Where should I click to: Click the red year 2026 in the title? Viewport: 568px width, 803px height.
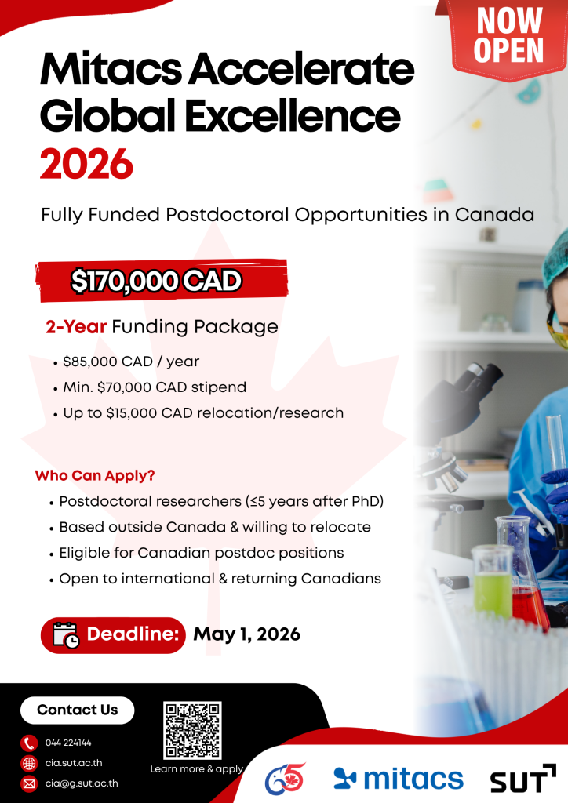click(86, 165)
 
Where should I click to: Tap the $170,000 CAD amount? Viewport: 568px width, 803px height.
click(155, 281)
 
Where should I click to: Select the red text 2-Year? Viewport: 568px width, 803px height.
click(76, 327)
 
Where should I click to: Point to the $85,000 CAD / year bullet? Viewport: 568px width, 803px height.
click(130, 362)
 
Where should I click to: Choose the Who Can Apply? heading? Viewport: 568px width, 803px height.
click(95, 476)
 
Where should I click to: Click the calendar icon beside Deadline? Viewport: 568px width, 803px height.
click(66, 635)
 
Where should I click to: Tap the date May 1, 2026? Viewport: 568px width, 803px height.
click(246, 634)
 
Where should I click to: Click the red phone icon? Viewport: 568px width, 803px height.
click(29, 743)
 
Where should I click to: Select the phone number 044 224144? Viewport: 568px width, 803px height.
click(68, 743)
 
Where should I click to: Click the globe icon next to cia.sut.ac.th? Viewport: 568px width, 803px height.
click(29, 763)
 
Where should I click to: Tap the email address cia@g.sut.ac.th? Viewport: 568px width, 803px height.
click(82, 783)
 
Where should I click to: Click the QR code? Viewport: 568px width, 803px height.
click(192, 730)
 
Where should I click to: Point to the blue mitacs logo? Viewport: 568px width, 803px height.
click(399, 779)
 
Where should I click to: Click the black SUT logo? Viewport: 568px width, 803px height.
click(523, 779)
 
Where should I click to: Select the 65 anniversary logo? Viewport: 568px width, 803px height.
click(286, 779)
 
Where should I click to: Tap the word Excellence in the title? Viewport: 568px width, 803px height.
click(292, 116)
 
